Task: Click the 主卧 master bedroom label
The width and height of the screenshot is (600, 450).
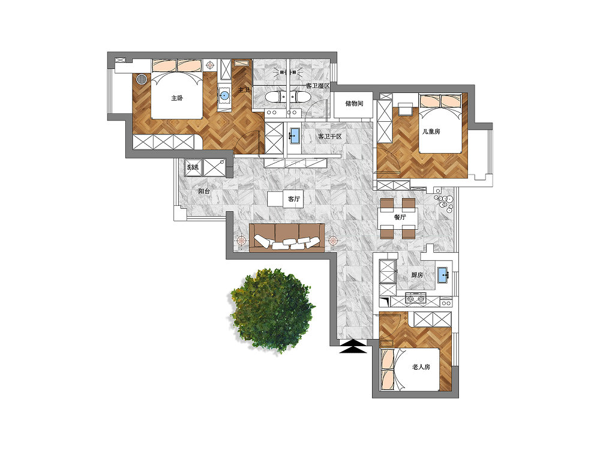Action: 177,98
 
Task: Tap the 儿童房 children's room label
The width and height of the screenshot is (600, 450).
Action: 431,131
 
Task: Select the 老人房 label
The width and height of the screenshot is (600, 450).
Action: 421,367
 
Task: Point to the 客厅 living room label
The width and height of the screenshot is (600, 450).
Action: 294,199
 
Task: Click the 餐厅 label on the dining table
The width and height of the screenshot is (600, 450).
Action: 400,217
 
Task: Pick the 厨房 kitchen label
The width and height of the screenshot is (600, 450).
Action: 417,275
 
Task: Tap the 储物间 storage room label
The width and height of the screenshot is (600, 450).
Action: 354,103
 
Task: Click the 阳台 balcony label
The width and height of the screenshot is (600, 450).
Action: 204,191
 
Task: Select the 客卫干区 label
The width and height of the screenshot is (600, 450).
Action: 329,136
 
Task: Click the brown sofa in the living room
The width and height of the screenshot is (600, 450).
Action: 287,238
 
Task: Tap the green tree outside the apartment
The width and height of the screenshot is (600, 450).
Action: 272,310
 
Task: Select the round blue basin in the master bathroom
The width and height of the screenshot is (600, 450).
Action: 224,95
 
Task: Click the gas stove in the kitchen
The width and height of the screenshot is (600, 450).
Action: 416,298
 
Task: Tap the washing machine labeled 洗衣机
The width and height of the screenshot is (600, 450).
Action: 193,167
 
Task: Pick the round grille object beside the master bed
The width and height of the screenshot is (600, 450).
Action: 142,79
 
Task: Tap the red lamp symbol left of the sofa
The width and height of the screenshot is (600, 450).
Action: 241,241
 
